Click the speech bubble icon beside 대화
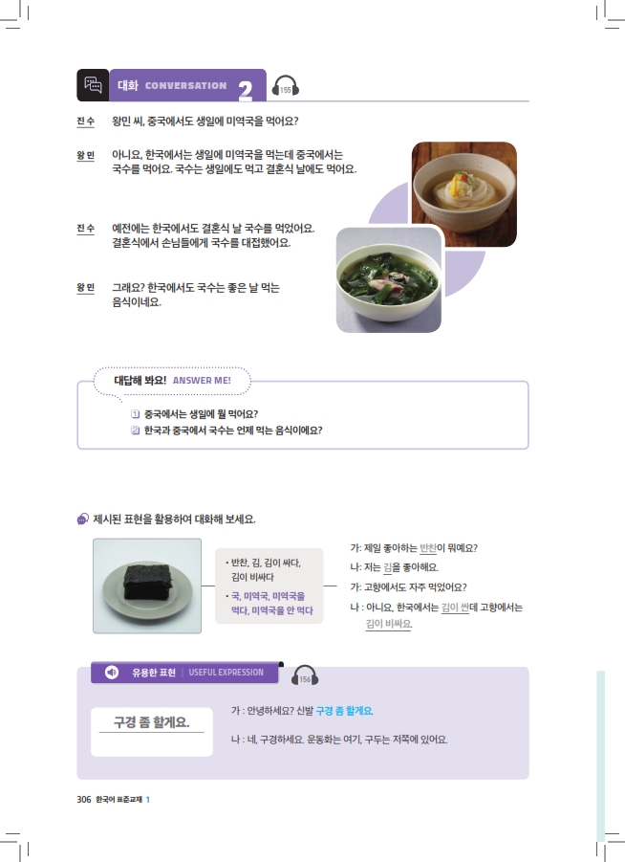coord(93,84)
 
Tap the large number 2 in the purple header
coord(246,90)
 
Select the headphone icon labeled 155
coord(286,87)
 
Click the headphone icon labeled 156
coord(305,675)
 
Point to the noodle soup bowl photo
coord(464,194)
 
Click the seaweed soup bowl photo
coord(389,279)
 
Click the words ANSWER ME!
coord(202,381)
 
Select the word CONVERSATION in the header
coord(185,86)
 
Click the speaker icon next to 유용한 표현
coord(112,673)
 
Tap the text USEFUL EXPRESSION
coord(226,673)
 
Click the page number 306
coord(83,799)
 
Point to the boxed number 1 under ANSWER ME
coord(135,414)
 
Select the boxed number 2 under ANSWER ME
coord(135,431)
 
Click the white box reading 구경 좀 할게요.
coord(152,732)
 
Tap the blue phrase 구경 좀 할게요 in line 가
coord(344,711)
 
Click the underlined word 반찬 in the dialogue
coord(428,548)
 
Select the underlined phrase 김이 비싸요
coord(389,624)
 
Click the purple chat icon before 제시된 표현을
coord(83,519)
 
